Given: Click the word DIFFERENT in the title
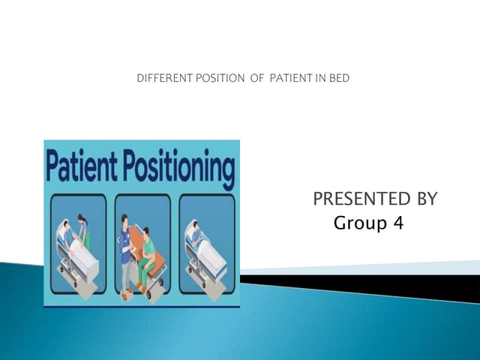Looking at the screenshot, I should click(x=160, y=78).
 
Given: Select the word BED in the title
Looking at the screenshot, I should click(x=340, y=78).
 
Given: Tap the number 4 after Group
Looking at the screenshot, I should click(x=397, y=223).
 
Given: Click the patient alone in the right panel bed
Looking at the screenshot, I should click(x=196, y=236).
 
